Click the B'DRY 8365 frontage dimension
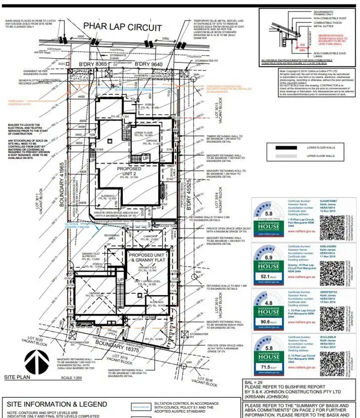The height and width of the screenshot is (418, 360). pos(93,64)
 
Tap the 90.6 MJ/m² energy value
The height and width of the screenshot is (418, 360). pos(267,322)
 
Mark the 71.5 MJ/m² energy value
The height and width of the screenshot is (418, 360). pos(267,366)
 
